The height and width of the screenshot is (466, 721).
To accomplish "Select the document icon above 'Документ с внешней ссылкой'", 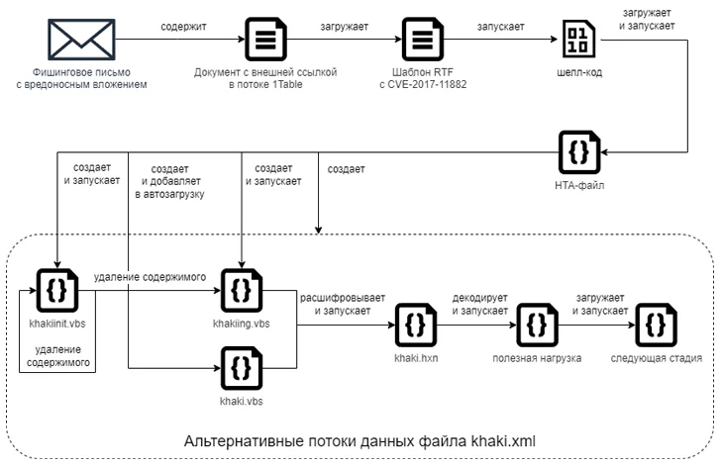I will (x=265, y=41).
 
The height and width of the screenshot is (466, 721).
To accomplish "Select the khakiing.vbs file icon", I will (x=240, y=288).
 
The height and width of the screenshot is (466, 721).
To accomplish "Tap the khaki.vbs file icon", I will (x=240, y=366).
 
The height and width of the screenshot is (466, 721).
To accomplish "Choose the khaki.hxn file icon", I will (x=415, y=324).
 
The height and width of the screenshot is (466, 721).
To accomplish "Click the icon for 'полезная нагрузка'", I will (x=538, y=324).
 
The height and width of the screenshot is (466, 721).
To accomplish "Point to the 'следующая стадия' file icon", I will (x=657, y=324).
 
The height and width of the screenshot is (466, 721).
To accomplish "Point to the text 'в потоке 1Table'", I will (x=265, y=85).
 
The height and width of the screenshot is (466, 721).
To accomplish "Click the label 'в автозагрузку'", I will (x=168, y=195).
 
